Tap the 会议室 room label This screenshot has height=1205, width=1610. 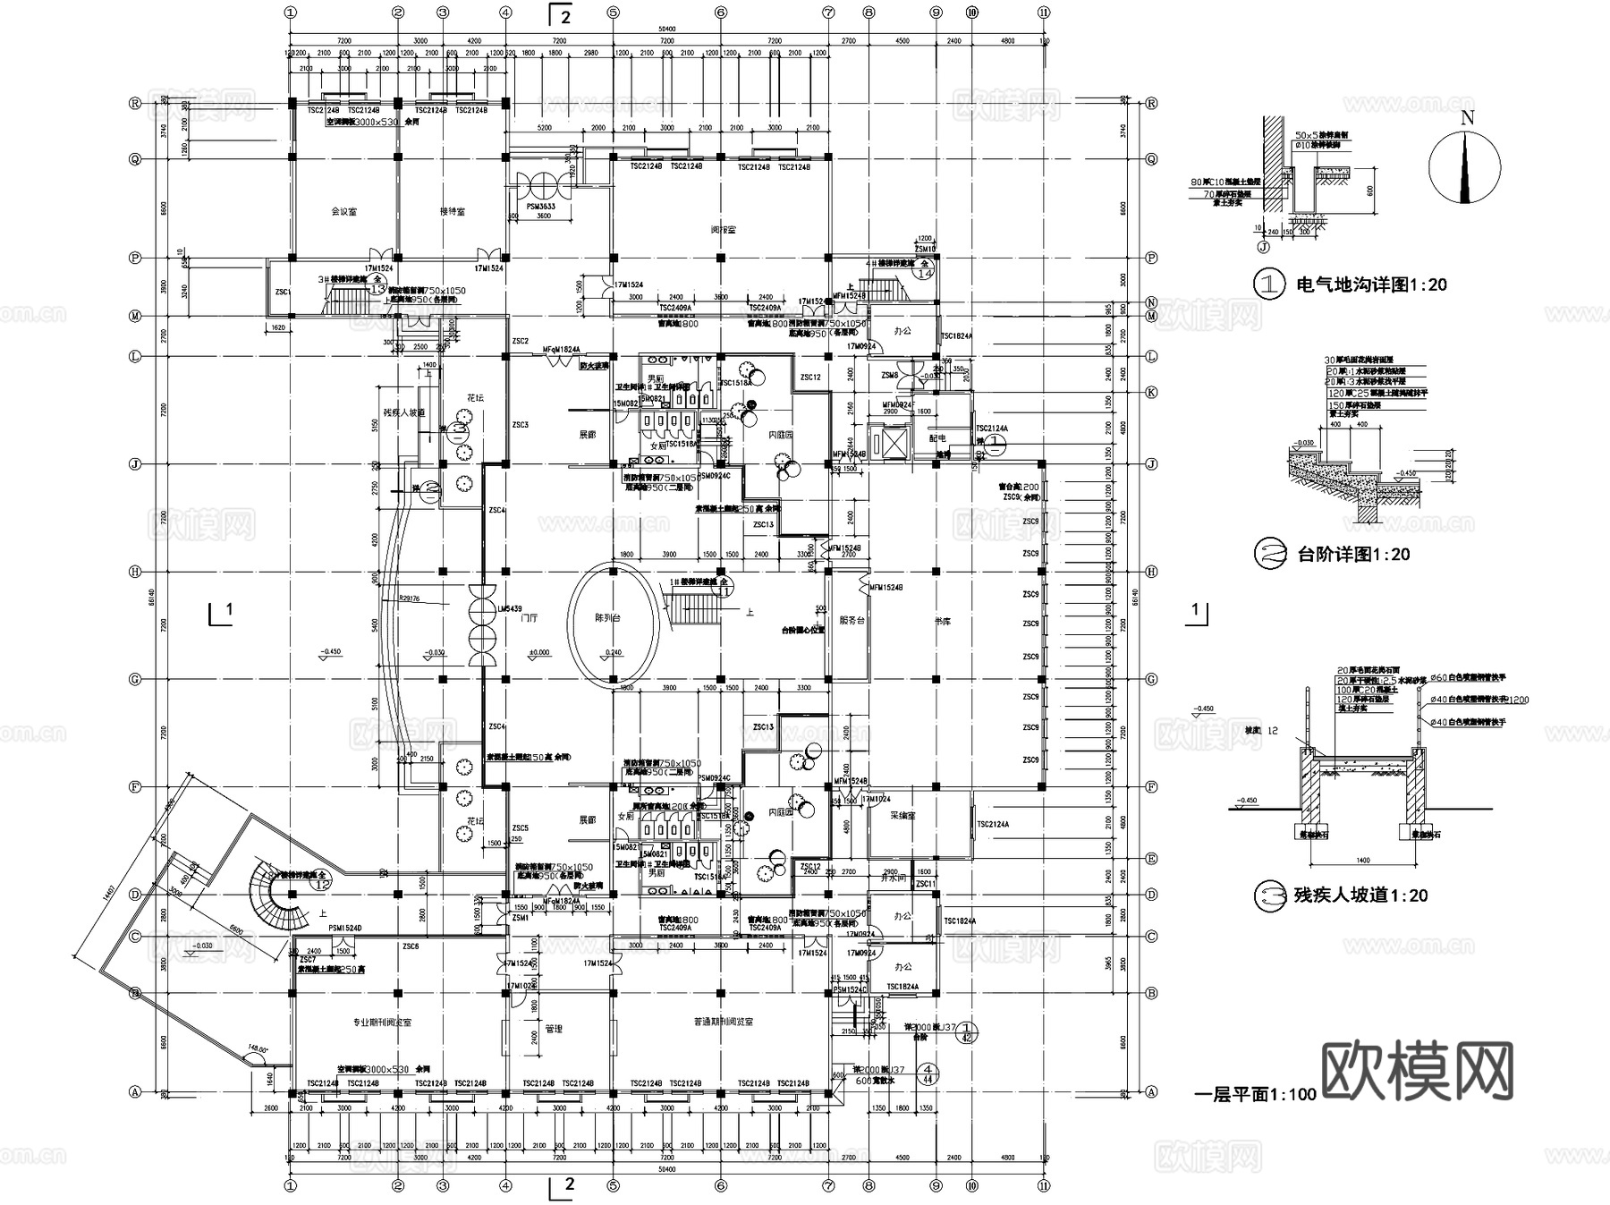(343, 212)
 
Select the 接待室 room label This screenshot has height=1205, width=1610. (452, 212)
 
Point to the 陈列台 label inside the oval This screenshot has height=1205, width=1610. (608, 618)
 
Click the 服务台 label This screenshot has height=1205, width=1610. (852, 620)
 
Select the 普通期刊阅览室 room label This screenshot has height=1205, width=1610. (723, 1022)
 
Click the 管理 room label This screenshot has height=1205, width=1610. (554, 1029)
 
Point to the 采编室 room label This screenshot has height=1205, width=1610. (902, 816)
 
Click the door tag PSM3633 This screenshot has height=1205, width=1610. (539, 207)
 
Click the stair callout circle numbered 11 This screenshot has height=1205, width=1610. (724, 590)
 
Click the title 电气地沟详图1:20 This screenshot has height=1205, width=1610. (1370, 285)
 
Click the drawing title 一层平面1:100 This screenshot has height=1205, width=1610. (1255, 1094)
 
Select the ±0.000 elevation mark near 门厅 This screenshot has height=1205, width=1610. (539, 652)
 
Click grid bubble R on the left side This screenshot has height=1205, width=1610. (136, 103)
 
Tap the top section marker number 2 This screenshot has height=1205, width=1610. (565, 15)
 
